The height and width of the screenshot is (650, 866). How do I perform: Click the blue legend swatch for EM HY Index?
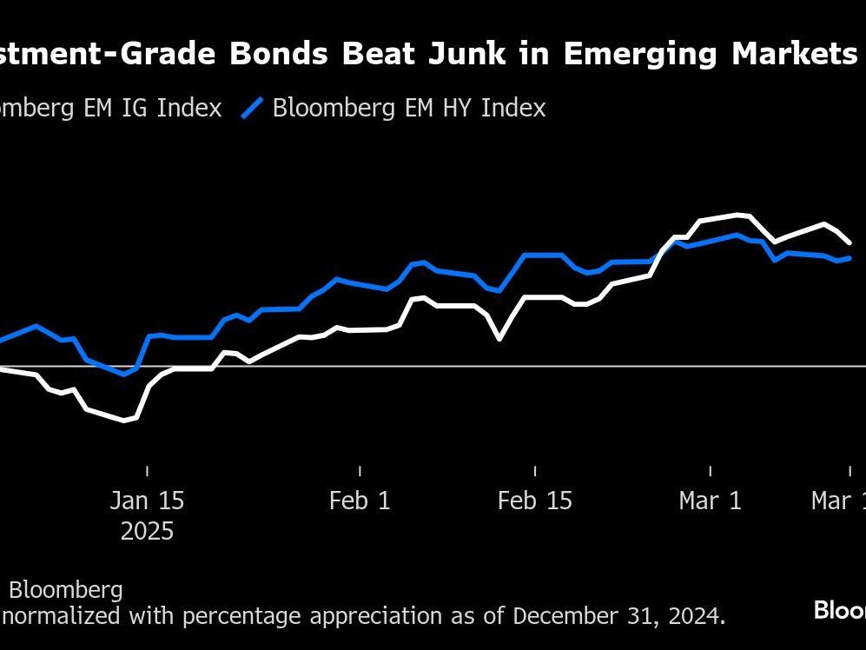click(x=252, y=108)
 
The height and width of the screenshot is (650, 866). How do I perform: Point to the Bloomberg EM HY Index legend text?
click(x=408, y=108)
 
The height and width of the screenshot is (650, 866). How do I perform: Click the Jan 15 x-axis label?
click(x=147, y=501)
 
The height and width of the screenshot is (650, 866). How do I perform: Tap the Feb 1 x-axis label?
click(x=360, y=501)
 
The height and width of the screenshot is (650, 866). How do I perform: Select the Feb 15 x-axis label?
click(x=535, y=501)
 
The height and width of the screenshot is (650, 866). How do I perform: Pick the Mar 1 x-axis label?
click(x=711, y=501)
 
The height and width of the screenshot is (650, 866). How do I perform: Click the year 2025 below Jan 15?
click(x=147, y=531)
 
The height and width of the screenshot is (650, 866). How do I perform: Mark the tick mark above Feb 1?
click(x=360, y=471)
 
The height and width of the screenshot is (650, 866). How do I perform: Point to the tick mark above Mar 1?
click(x=711, y=471)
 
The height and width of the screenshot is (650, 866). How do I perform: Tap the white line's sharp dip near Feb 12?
click(x=499, y=338)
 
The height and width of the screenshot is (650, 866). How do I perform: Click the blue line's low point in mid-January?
click(x=124, y=374)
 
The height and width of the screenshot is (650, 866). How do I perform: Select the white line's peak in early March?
click(x=738, y=214)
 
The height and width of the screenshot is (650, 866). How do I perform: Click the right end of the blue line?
click(x=850, y=257)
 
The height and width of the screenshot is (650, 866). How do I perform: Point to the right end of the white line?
click(x=850, y=242)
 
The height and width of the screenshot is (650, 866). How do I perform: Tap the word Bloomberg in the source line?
click(x=66, y=590)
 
